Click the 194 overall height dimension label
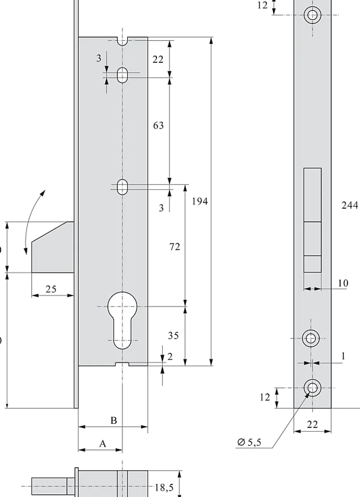click(200, 201)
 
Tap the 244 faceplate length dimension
click(350, 205)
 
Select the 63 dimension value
click(158, 125)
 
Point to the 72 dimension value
click(175, 247)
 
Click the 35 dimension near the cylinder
click(173, 335)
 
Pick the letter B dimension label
click(114, 420)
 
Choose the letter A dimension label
click(103, 444)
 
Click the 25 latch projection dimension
click(51, 289)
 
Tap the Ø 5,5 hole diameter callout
click(249, 443)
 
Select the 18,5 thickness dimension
click(164, 488)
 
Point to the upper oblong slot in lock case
click(123, 75)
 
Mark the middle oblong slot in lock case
click(123, 186)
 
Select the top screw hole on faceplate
click(312, 15)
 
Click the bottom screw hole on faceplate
click(312, 387)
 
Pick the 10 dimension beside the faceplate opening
click(343, 283)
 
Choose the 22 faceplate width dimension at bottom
click(313, 425)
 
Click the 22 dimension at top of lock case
click(158, 59)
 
